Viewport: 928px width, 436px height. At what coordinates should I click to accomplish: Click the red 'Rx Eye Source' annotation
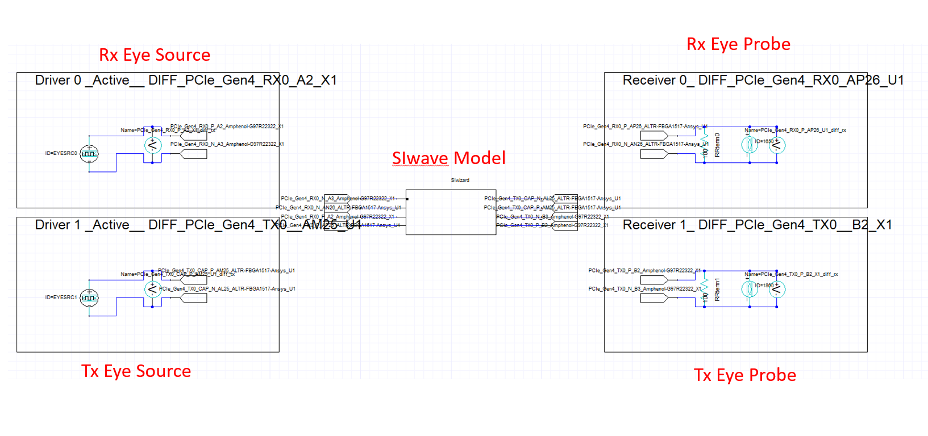155,55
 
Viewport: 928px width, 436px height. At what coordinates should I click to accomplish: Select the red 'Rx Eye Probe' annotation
738,44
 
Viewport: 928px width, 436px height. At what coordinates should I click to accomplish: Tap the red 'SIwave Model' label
448,158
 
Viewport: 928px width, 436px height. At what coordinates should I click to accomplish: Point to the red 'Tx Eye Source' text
136,371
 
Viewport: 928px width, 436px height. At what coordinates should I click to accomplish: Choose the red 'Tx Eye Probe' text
744,375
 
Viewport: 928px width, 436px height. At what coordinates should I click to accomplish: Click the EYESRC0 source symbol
89,153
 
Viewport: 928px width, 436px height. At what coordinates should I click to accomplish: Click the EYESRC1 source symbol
89,297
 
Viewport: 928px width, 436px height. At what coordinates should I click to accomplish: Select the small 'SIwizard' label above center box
460,180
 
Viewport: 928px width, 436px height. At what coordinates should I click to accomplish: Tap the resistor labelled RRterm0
705,145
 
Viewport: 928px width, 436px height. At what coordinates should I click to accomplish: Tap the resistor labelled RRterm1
705,289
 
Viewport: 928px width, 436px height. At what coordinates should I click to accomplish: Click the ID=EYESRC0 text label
61,153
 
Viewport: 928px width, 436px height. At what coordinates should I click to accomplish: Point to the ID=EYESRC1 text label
61,297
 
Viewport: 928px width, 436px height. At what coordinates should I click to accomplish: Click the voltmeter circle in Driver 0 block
152,145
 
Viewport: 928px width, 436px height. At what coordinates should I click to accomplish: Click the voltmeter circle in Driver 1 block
152,290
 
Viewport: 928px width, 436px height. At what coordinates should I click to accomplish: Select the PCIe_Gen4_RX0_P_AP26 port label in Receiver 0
645,127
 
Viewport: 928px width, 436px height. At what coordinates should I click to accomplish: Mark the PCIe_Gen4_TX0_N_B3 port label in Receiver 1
645,289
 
